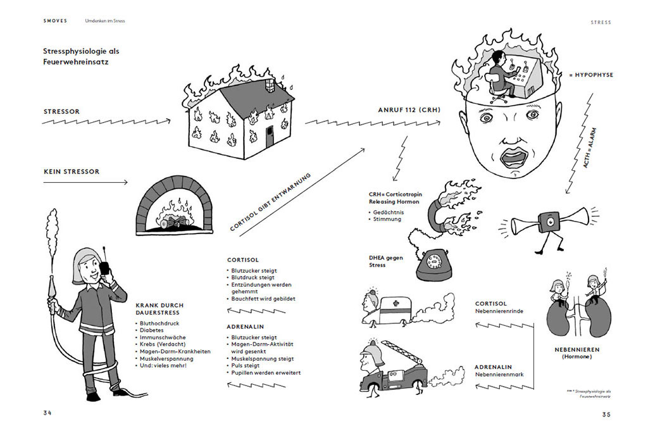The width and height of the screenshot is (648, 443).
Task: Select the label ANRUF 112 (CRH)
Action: pyautogui.click(x=409, y=110)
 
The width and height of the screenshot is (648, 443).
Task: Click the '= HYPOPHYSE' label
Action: pyautogui.click(x=591, y=75)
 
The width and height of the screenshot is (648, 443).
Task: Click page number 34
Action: pyautogui.click(x=47, y=413)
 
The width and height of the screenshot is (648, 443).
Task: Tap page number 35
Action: pyautogui.click(x=606, y=415)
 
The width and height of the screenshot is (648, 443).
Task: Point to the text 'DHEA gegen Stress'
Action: pyautogui.click(x=386, y=261)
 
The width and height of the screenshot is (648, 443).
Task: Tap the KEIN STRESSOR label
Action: pyautogui.click(x=72, y=172)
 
